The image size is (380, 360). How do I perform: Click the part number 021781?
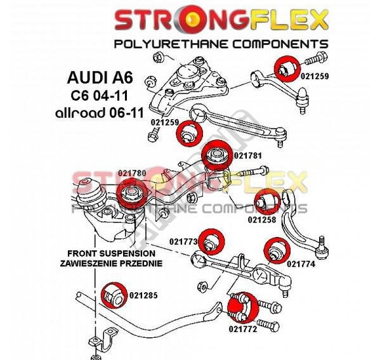click(247, 156)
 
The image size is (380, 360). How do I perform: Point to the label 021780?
click(132, 173)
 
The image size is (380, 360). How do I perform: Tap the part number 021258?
click(262, 220)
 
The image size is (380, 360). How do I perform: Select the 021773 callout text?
click(183, 241)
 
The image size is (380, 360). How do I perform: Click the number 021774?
click(301, 264)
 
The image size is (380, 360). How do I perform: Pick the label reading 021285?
click(143, 295)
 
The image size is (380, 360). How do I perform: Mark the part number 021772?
click(242, 329)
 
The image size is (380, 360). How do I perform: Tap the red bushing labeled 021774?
click(277, 251)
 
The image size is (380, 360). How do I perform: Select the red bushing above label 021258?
click(267, 202)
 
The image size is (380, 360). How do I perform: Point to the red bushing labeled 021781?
click(216, 155)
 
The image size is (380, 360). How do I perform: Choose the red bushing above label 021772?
click(243, 307)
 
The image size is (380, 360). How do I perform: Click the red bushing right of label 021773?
click(211, 241)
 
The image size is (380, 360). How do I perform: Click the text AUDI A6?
click(100, 77)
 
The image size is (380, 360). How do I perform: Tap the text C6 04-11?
click(99, 96)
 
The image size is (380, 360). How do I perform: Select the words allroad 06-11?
click(100, 113)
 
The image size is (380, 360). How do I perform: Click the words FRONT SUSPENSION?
click(111, 254)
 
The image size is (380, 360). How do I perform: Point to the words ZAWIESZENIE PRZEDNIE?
click(111, 263)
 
